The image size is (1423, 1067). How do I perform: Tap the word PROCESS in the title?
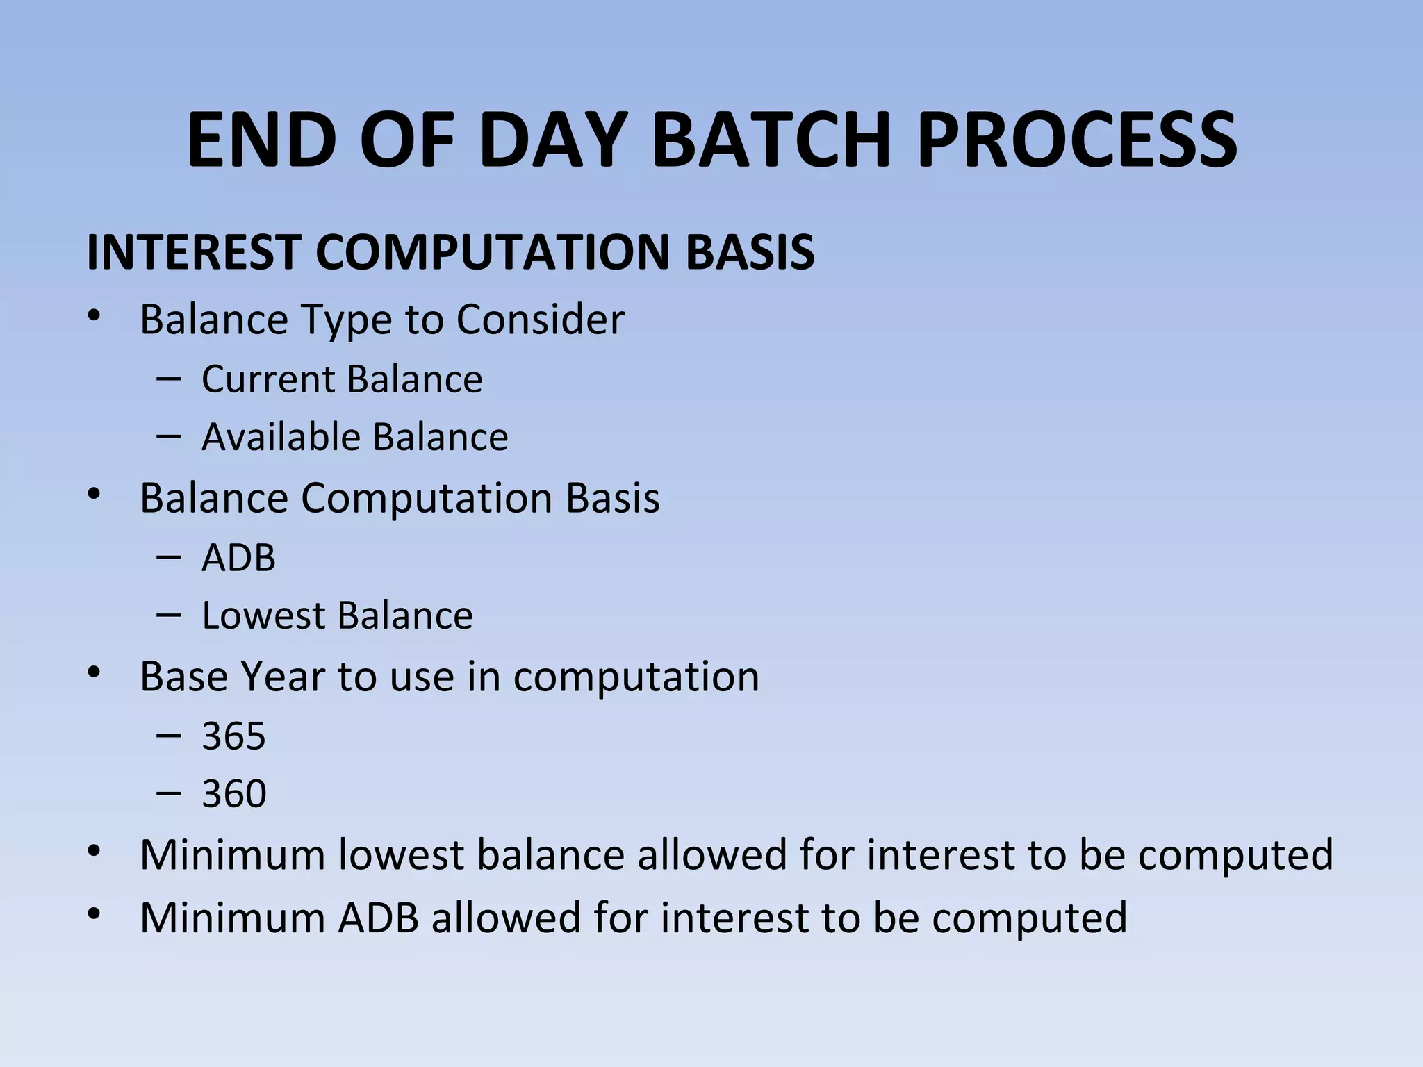click(1076, 140)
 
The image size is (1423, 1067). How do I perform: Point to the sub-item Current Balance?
click(342, 379)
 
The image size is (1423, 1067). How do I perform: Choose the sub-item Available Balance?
click(354, 438)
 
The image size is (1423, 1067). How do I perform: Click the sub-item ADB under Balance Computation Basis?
click(238, 558)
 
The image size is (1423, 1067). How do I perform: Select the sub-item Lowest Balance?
click(337, 616)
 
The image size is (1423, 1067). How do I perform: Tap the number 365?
click(233, 736)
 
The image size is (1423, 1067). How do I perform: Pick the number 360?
click(233, 794)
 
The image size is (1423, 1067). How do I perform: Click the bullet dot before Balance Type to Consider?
click(94, 317)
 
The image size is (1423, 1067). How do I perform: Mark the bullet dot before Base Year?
click(94, 673)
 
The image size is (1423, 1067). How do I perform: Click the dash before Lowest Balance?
click(169, 615)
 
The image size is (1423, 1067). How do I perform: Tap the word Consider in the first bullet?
click(540, 320)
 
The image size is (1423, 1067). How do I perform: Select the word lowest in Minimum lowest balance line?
click(400, 855)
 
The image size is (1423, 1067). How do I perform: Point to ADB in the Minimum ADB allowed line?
click(378, 918)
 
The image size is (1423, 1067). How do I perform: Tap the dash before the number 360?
click(169, 793)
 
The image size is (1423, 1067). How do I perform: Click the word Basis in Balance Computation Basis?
click(612, 499)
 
